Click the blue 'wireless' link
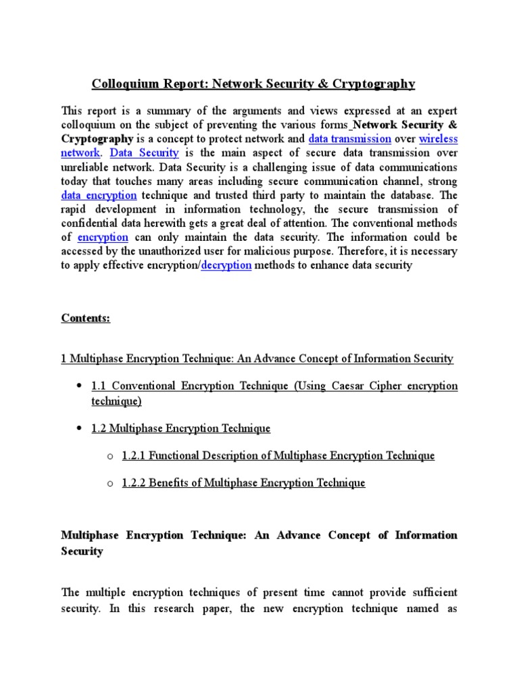click(439, 138)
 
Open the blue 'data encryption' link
click(99, 195)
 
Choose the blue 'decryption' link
click(226, 265)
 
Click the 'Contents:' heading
click(85, 318)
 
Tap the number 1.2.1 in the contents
click(134, 455)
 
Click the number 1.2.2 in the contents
click(134, 482)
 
